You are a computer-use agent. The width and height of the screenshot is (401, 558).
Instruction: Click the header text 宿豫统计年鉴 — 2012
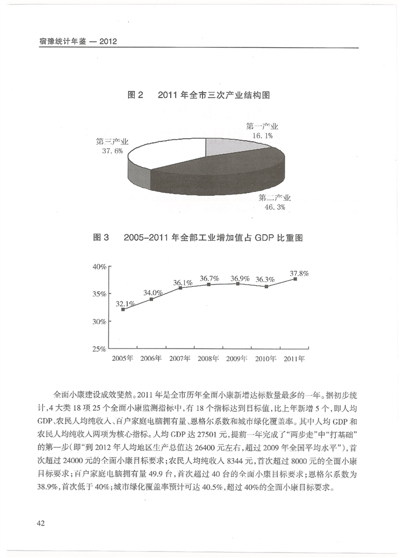pyautogui.click(x=73, y=42)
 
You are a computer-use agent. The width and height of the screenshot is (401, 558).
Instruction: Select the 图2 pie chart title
pyautogui.click(x=199, y=95)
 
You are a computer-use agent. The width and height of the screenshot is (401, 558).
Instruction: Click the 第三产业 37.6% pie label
pyautogui.click(x=112, y=147)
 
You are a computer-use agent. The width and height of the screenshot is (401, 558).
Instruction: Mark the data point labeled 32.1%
pyautogui.click(x=123, y=309)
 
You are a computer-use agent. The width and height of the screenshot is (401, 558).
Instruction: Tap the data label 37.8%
pyautogui.click(x=299, y=273)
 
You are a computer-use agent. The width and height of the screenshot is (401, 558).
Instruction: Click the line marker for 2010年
pyautogui.click(x=266, y=287)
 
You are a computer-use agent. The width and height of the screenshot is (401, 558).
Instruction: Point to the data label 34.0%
pyautogui.click(x=153, y=292)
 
